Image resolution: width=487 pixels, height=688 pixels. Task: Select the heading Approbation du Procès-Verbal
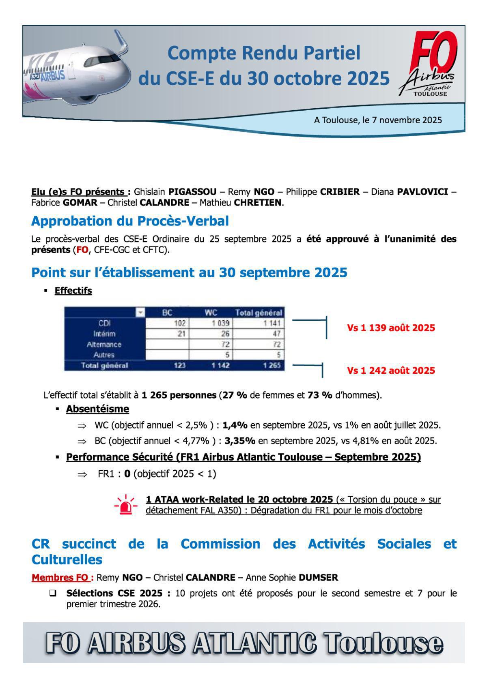130,221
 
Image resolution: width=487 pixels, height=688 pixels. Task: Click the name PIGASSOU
192,192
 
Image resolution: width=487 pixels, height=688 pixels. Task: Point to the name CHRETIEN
257,202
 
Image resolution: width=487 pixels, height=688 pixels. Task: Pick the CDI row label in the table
104,323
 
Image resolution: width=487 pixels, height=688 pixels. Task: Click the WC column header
211,313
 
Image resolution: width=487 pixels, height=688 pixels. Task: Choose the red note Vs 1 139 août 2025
391,328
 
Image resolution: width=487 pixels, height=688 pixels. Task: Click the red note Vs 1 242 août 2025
391,371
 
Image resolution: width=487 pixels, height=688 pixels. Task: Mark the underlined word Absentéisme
97,409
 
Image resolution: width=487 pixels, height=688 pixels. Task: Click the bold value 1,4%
235,425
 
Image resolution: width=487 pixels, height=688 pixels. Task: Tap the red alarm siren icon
126,505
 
